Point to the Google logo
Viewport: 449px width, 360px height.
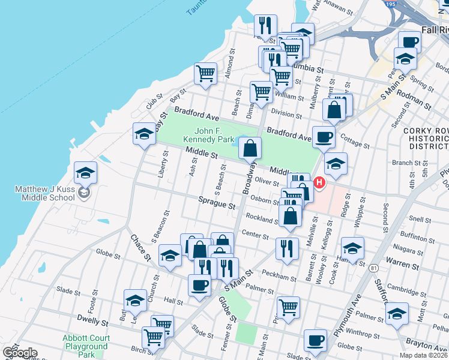tap(20, 353)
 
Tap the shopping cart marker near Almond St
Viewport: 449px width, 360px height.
tap(205, 73)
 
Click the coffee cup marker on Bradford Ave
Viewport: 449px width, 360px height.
tap(324, 137)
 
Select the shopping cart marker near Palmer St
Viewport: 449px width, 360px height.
tap(289, 308)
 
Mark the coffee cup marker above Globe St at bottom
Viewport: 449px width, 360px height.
tap(315, 340)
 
